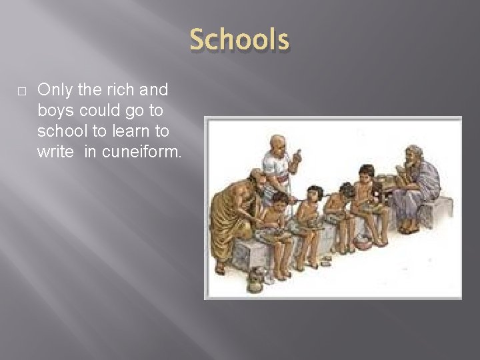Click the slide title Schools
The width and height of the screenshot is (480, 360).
click(239, 39)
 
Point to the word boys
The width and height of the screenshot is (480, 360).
click(55, 109)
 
